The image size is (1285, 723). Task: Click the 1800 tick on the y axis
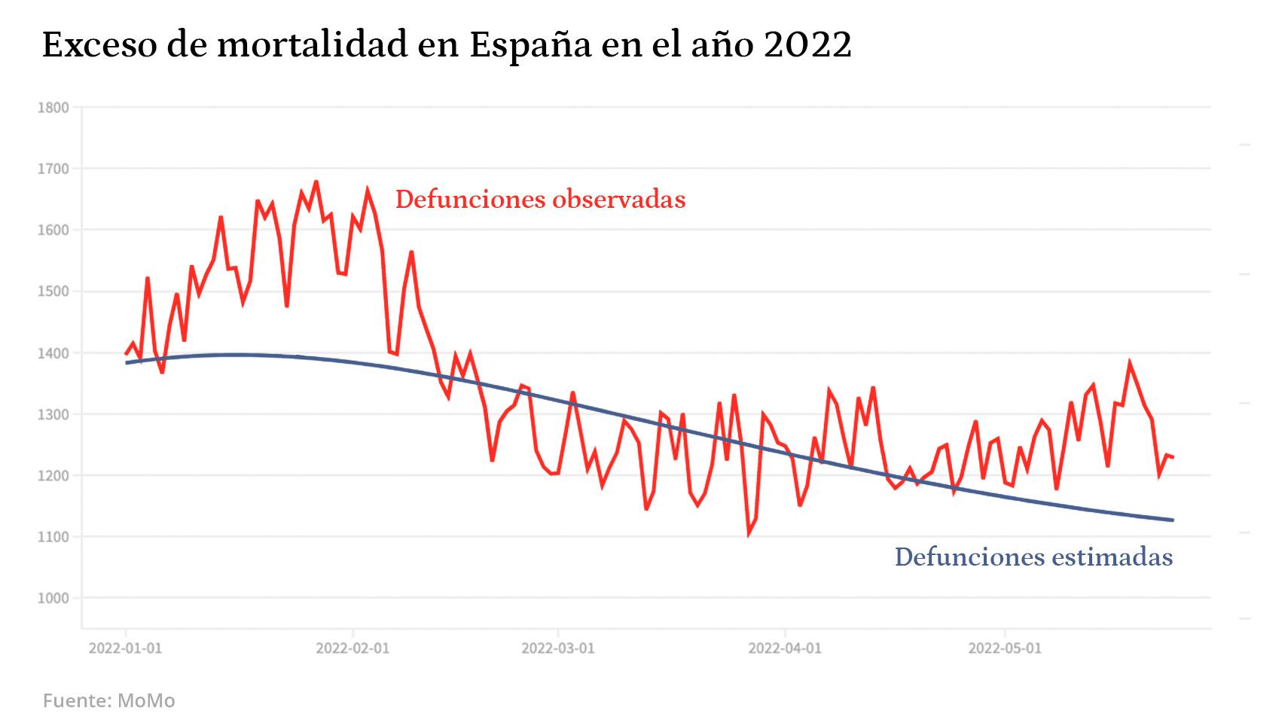(x=53, y=108)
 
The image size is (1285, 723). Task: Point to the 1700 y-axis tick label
(x=53, y=169)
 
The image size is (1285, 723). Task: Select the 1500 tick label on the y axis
(x=53, y=291)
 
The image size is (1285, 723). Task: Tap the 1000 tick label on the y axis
(x=53, y=598)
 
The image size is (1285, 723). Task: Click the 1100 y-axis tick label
(x=53, y=537)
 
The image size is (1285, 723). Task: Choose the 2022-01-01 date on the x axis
(x=125, y=648)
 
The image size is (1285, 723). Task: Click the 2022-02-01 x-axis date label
(x=353, y=648)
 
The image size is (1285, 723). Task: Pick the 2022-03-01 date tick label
(x=558, y=648)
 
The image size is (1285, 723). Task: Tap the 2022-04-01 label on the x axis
(x=785, y=648)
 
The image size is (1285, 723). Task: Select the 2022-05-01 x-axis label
(x=1005, y=648)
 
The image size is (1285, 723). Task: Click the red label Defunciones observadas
(x=540, y=200)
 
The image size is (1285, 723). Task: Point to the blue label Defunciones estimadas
(x=1033, y=557)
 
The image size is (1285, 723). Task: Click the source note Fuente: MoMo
(x=108, y=700)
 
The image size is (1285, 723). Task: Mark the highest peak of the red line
(x=316, y=182)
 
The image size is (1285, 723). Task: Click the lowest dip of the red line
(x=748, y=534)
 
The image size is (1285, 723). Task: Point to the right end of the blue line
(x=1173, y=520)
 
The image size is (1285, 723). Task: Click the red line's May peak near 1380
(x=1129, y=362)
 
